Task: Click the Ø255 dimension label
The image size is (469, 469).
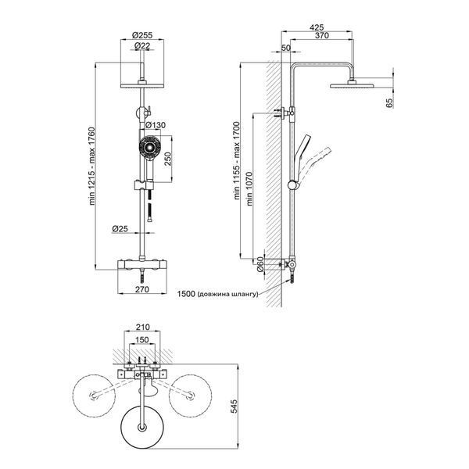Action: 142,35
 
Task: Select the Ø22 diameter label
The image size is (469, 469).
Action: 142,46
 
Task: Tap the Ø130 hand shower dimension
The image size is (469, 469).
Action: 156,125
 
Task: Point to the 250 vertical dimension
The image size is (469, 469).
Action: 168,159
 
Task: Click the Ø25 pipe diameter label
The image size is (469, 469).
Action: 120,229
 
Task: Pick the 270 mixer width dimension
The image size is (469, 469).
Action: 142,289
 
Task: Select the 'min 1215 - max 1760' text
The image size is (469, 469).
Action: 91,166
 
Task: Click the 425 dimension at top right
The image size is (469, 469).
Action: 317,27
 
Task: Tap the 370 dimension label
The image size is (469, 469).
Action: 322,35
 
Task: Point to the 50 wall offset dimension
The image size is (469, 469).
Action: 286,48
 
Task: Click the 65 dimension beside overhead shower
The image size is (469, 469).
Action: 389,103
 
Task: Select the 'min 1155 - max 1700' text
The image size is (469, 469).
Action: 237,160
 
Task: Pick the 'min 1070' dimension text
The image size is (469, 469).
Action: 249,188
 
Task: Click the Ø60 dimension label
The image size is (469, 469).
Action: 260,264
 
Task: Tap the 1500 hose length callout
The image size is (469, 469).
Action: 217,294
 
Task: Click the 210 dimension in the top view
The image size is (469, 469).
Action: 142,328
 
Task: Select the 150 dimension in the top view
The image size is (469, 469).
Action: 141,340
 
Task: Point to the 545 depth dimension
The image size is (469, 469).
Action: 234,406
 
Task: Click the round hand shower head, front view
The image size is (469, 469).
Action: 150,147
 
